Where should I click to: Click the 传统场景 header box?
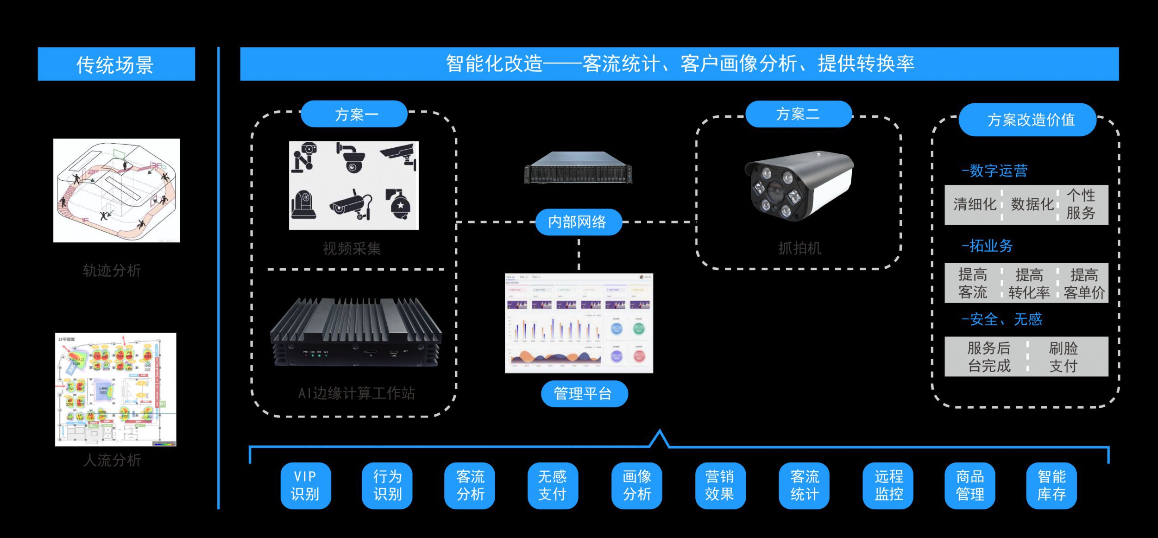tap(116, 64)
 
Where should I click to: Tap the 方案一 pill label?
tap(354, 114)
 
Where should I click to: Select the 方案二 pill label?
tap(799, 114)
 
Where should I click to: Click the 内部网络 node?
tap(578, 222)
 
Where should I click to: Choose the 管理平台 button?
tap(584, 394)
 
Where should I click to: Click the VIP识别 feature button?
tap(306, 485)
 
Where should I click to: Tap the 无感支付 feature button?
tap(553, 485)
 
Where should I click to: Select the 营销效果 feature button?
tap(720, 485)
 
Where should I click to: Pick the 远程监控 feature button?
tap(888, 485)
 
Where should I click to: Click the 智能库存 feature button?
tap(1051, 485)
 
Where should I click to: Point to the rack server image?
tap(578, 168)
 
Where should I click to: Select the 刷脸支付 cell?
tap(1064, 357)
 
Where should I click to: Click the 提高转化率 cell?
tap(1029, 283)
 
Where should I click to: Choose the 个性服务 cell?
tap(1081, 204)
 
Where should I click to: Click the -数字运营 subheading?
tap(994, 171)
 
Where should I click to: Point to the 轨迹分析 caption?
tap(112, 271)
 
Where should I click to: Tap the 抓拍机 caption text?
tap(799, 249)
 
